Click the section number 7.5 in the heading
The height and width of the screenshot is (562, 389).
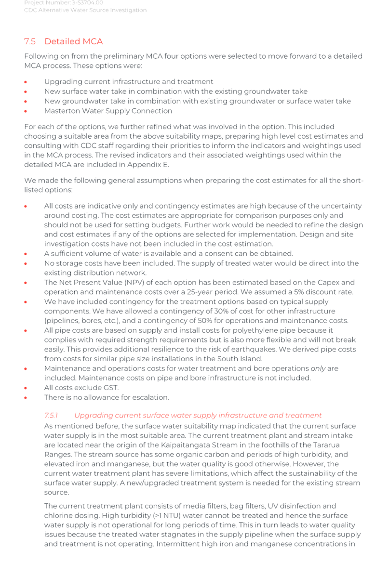point(30,42)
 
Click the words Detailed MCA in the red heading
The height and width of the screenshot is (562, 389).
point(74,42)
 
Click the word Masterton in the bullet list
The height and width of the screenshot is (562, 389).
point(61,111)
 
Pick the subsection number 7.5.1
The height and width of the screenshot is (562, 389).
point(51,415)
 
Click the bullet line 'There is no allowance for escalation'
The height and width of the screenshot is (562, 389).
point(107,397)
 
